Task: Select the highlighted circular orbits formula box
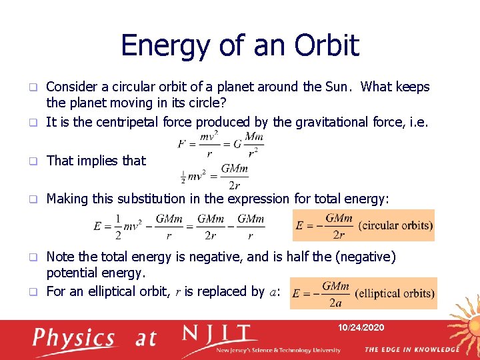tap(363, 225)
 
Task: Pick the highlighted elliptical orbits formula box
tap(363, 293)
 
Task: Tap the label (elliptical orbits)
tap(395, 293)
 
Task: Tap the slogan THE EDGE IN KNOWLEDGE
tap(411, 349)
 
